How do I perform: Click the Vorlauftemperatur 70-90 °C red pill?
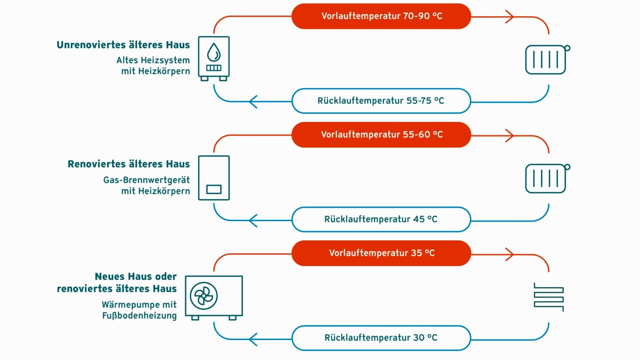(x=381, y=16)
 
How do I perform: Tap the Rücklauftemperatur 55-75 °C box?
(x=381, y=101)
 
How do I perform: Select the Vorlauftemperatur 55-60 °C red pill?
(x=381, y=135)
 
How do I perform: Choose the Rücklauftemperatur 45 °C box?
(x=381, y=219)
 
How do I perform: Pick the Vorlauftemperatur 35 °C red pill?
(x=381, y=253)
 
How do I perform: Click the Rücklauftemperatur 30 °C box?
(x=381, y=338)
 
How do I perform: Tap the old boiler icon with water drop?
(x=214, y=58)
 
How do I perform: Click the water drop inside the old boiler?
(x=214, y=52)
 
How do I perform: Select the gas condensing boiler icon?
(x=214, y=178)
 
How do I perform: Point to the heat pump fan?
(x=204, y=296)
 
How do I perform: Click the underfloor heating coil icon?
(x=549, y=297)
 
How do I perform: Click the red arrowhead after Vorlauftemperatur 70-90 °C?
(x=510, y=16)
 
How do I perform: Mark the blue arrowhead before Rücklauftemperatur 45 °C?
(x=253, y=220)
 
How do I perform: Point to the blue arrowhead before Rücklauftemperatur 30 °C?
(x=253, y=339)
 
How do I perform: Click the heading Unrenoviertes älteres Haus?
(x=123, y=45)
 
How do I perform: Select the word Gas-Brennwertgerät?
(x=147, y=180)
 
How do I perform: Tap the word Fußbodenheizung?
(x=139, y=316)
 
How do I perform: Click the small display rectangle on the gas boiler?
(x=214, y=189)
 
